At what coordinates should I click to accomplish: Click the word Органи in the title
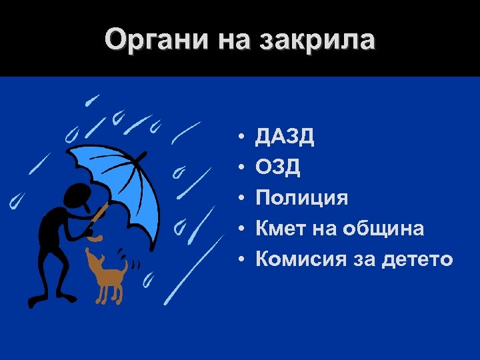(x=155, y=41)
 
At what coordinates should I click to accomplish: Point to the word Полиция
(x=302, y=198)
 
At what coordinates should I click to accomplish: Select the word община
(x=383, y=229)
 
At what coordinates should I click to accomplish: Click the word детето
(x=418, y=259)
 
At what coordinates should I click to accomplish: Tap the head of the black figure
(x=74, y=195)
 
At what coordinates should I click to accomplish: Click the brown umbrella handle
(x=100, y=214)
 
